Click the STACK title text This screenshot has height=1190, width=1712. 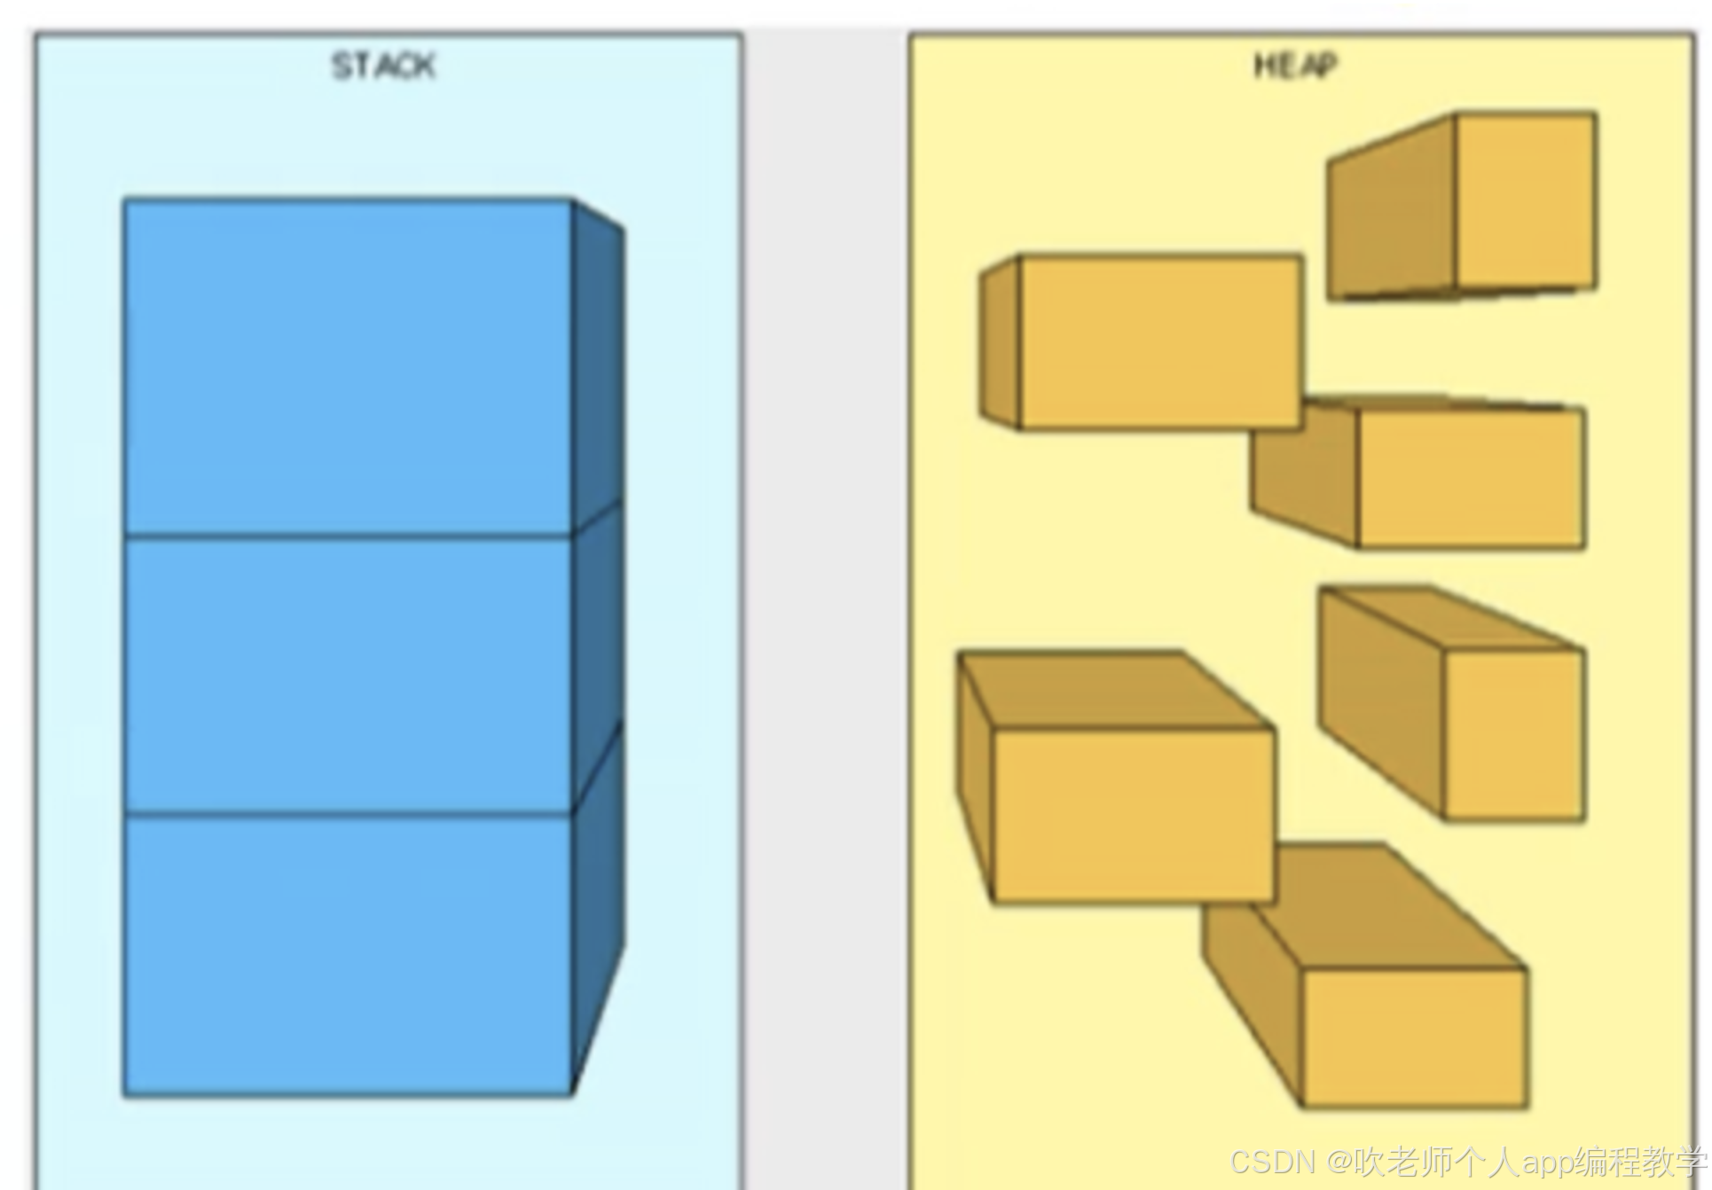coord(383,67)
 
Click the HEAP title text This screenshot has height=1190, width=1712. coord(1294,65)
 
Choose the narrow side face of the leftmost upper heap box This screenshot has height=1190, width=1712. coord(1000,343)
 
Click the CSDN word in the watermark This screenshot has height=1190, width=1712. coord(1272,1161)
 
